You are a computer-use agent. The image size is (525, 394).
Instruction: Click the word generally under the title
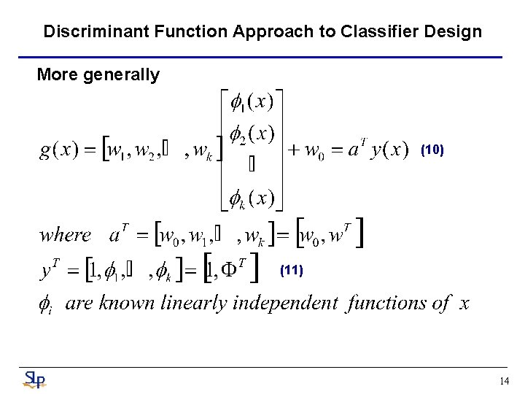pyautogui.click(x=124, y=74)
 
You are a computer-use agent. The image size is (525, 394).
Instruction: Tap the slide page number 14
pyautogui.click(x=504, y=381)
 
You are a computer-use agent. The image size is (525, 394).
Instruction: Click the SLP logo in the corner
pyautogui.click(x=34, y=379)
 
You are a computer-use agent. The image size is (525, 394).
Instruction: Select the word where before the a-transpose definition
pyautogui.click(x=66, y=235)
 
